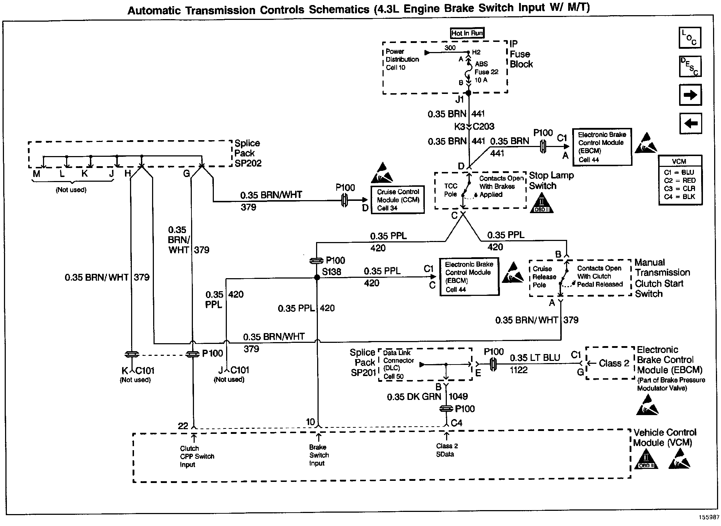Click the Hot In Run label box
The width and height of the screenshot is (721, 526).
coord(467,33)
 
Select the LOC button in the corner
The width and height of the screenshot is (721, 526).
coord(690,38)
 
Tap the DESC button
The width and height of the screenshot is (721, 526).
coord(690,66)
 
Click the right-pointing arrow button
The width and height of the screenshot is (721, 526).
coord(690,95)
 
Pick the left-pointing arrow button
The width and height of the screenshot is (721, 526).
coord(690,124)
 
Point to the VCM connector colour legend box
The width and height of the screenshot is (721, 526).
coord(680,180)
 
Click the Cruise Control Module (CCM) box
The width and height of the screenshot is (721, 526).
coord(398,200)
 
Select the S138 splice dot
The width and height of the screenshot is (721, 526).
coord(317,277)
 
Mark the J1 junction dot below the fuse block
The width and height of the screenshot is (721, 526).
coord(469,93)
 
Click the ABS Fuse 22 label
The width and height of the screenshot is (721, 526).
coord(486,72)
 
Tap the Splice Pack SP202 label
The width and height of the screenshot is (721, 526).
coord(248,153)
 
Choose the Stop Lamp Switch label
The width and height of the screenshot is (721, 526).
coord(551,181)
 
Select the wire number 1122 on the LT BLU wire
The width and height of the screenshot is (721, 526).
coord(519,370)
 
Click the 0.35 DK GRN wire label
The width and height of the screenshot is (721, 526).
coord(414,397)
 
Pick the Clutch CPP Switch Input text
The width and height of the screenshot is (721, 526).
coord(197,456)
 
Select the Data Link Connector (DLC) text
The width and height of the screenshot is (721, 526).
coord(398,365)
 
